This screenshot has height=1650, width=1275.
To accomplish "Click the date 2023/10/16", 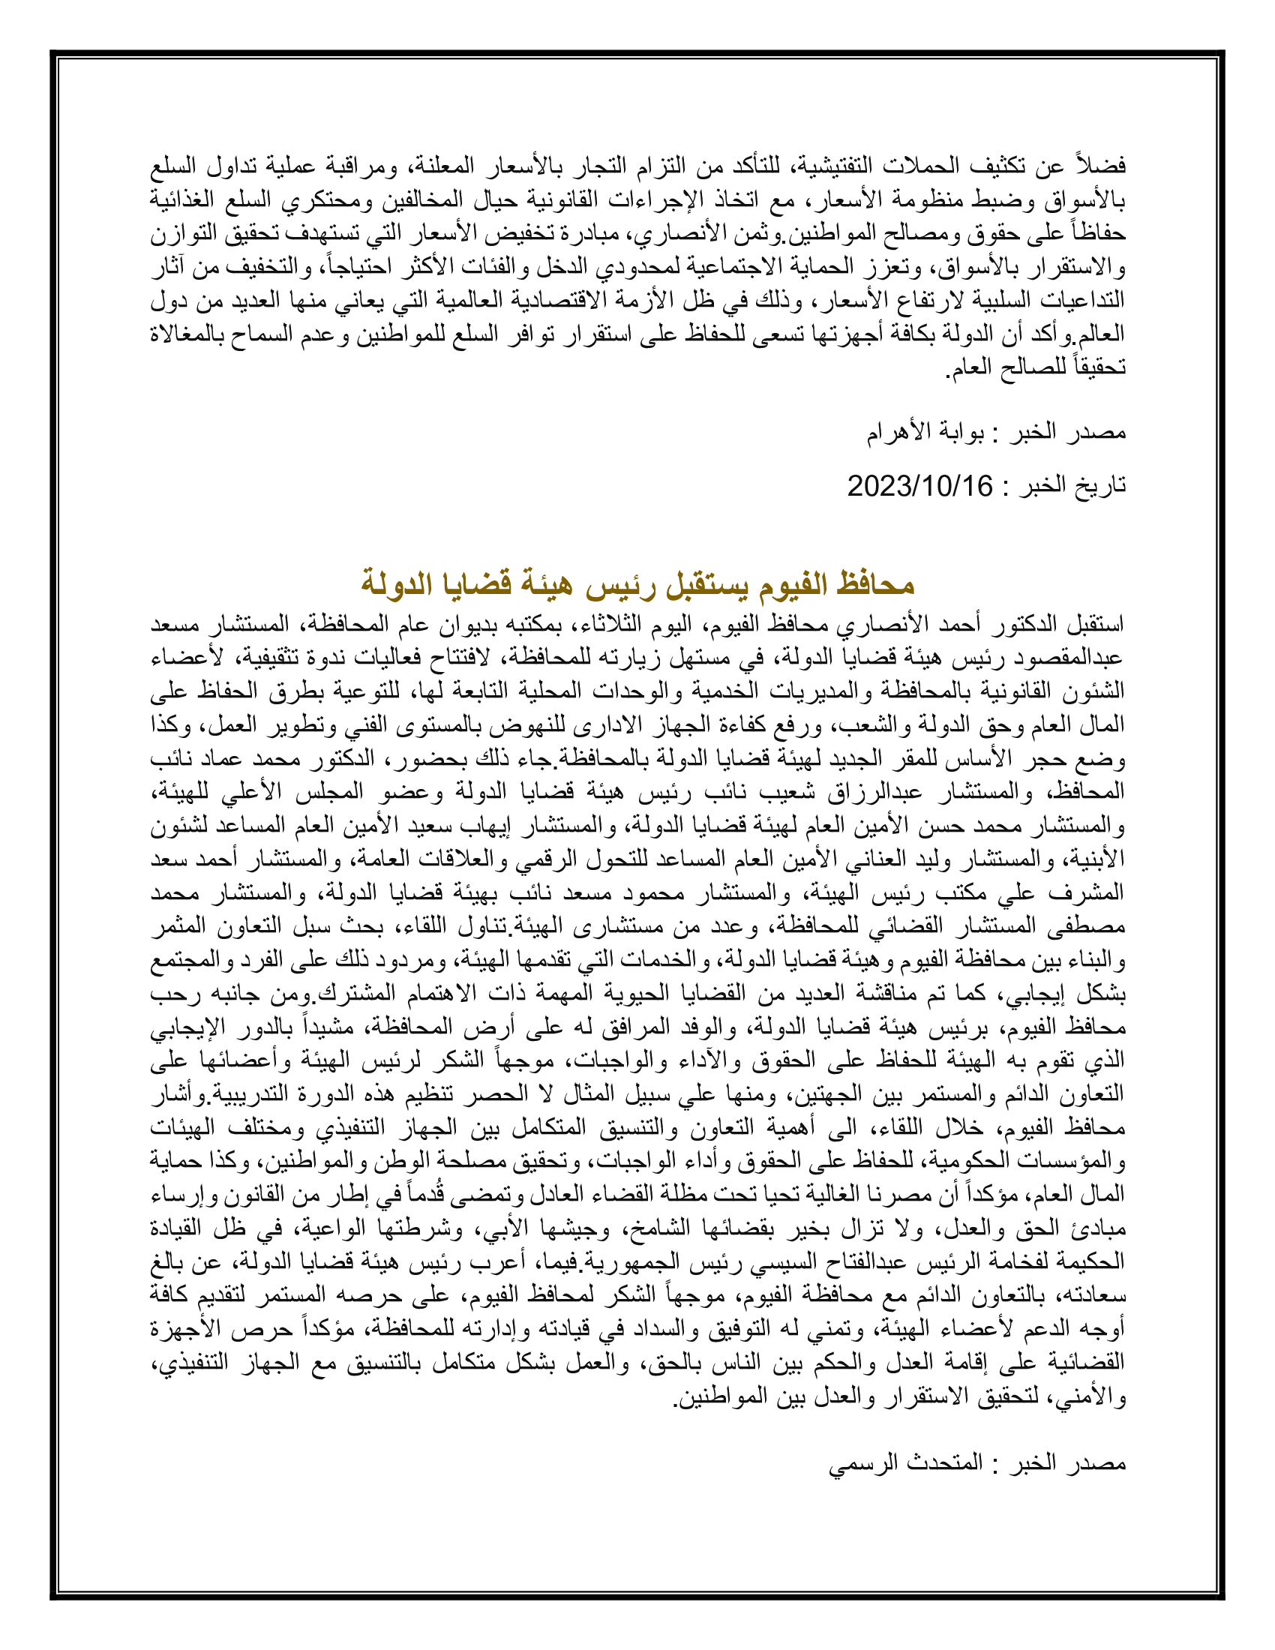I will (919, 486).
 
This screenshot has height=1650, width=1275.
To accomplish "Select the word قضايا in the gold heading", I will (474, 584).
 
